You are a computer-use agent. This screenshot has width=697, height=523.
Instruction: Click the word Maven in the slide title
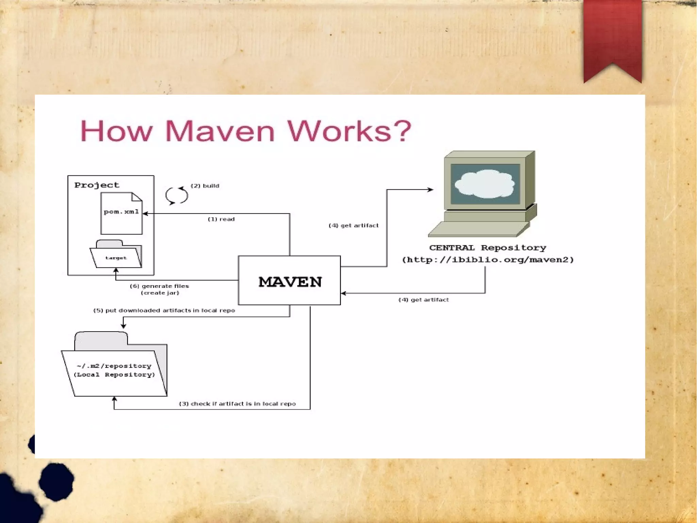[x=220, y=131]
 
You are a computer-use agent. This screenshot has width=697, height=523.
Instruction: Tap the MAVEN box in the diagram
[x=289, y=281]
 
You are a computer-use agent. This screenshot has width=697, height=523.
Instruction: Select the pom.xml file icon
[x=121, y=213]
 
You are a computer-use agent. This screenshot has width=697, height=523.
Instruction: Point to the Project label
[x=97, y=185]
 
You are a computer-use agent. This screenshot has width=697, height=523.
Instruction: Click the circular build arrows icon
[x=177, y=195]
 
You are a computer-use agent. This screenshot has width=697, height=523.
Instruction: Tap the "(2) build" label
[x=205, y=186]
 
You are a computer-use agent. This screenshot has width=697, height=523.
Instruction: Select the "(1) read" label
[x=221, y=219]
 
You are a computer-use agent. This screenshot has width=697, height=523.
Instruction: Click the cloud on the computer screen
[x=485, y=184]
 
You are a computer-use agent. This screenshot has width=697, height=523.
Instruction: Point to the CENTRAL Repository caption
[x=487, y=248]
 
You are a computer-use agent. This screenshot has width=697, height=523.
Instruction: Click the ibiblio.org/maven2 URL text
[x=488, y=260]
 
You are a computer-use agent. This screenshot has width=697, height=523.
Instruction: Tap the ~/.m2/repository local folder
[x=114, y=370]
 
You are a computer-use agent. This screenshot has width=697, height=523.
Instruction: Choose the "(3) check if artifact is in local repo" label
[x=237, y=404]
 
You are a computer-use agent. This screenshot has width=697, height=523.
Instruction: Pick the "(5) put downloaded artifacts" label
[x=164, y=310]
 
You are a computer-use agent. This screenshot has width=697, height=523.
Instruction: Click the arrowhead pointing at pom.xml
[x=145, y=214]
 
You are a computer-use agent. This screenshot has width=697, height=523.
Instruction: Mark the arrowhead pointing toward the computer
[x=431, y=189]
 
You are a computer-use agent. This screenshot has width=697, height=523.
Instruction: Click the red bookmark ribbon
[x=612, y=37]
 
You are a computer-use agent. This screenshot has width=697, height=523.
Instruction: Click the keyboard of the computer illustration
[x=476, y=229]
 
